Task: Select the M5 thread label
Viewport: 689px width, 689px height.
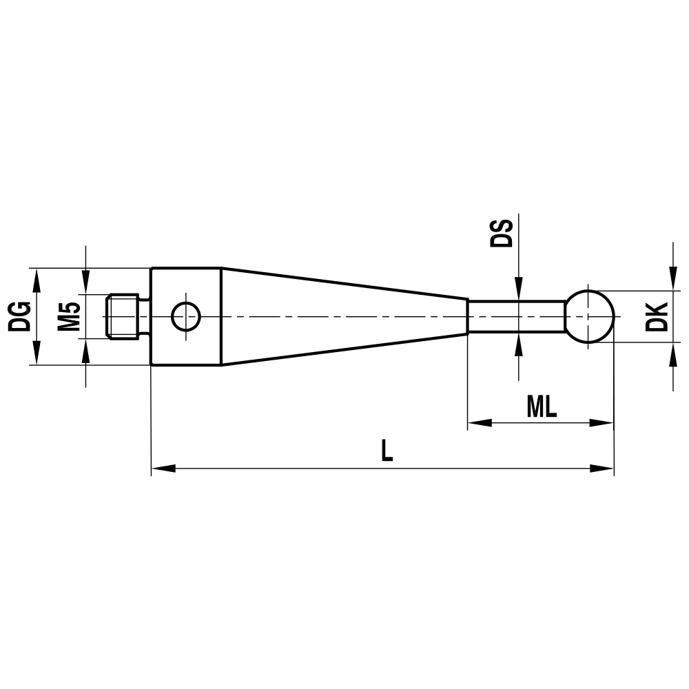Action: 69,316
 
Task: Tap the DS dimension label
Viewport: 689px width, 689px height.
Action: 501,233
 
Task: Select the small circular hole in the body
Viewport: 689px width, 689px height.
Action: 186,316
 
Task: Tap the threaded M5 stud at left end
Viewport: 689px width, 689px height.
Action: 124,316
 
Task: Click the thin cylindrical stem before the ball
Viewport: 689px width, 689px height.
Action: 517,316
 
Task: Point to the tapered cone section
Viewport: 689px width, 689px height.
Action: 344,316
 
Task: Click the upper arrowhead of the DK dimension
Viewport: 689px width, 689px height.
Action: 672,279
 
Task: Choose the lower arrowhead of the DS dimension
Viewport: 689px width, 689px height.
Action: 518,346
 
